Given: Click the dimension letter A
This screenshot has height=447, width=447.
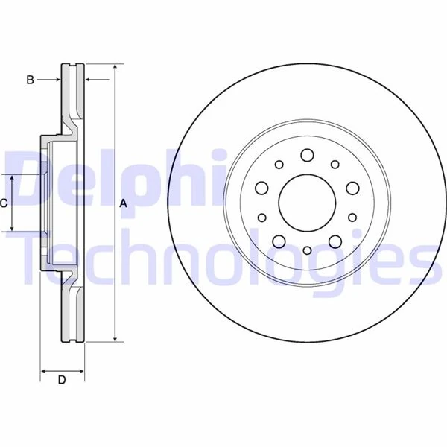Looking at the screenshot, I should coord(124,203).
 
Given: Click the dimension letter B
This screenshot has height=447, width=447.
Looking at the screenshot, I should coord(31,79).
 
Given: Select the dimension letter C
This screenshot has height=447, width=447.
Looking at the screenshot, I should coord(4,203).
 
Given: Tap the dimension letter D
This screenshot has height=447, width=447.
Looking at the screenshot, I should coord(62,380).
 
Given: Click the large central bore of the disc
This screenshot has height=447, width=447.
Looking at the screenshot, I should coord(306,202).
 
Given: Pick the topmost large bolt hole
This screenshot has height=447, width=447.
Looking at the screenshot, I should coord(306,155).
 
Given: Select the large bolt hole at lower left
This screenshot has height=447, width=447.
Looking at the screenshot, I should coord(278,240).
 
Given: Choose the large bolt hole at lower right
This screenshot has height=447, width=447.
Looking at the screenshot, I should coord(335,240).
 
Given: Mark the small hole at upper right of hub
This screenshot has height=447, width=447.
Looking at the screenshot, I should coord(335,165).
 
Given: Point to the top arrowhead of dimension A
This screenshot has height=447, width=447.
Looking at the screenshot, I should coord(115,68).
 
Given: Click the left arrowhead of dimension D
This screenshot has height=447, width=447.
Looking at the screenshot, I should coord(43,370).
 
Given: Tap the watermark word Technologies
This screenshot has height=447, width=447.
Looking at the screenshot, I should coord(223,257).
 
